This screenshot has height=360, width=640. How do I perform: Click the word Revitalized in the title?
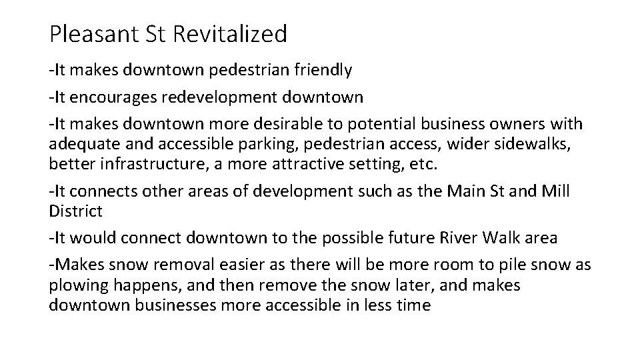(x=231, y=33)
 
